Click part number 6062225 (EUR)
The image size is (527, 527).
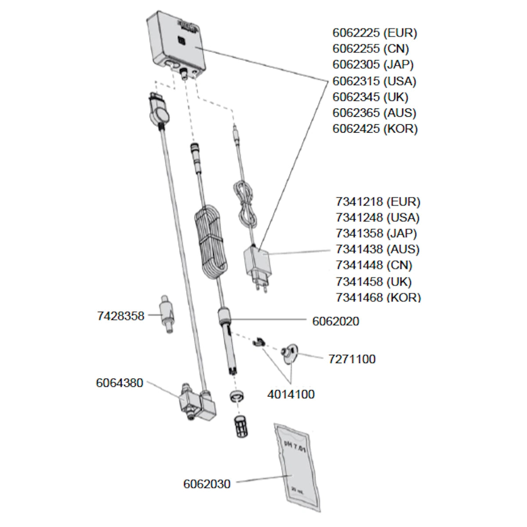(x=374, y=33)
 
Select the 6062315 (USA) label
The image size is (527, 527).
(x=374, y=81)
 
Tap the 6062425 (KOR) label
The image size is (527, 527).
(x=375, y=129)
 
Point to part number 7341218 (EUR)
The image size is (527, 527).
(x=378, y=202)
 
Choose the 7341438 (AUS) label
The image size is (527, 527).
(x=378, y=249)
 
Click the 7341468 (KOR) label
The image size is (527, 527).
(x=378, y=297)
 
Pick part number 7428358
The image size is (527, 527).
(x=120, y=316)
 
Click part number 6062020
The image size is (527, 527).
(x=336, y=321)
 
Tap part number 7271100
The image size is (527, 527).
(x=352, y=359)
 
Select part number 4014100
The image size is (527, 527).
(x=291, y=394)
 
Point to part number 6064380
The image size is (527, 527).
(x=119, y=383)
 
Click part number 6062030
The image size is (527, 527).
(x=206, y=484)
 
